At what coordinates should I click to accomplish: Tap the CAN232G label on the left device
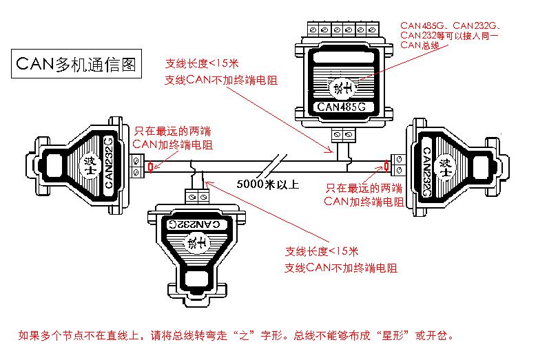tap(108, 163)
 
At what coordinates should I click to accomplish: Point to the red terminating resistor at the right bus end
tap(386, 166)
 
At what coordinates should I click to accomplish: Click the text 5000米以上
tap(268, 184)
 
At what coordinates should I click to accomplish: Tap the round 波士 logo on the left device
tap(88, 163)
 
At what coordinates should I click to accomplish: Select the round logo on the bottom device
tap(195, 242)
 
